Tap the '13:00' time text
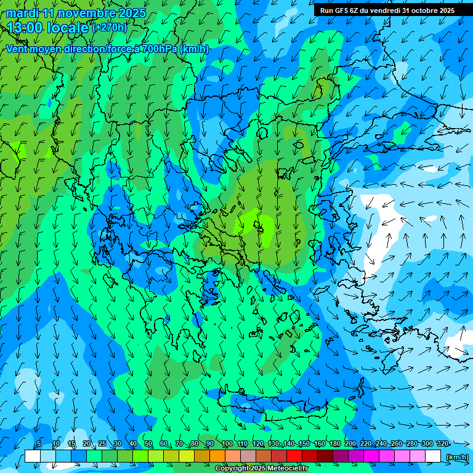coord(26,28)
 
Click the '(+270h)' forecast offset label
coord(110,27)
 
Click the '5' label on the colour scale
coord(39,444)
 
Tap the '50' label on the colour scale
coord(148,444)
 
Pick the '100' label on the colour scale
coord(227,444)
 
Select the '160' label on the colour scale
coord(319,444)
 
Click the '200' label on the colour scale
coord(350,444)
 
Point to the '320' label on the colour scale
coord(442,444)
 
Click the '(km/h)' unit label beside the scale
coord(456,456)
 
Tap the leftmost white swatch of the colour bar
coord(33,456)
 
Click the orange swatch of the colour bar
coord(217,456)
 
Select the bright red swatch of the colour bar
coord(294,456)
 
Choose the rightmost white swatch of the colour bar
coord(433,456)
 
